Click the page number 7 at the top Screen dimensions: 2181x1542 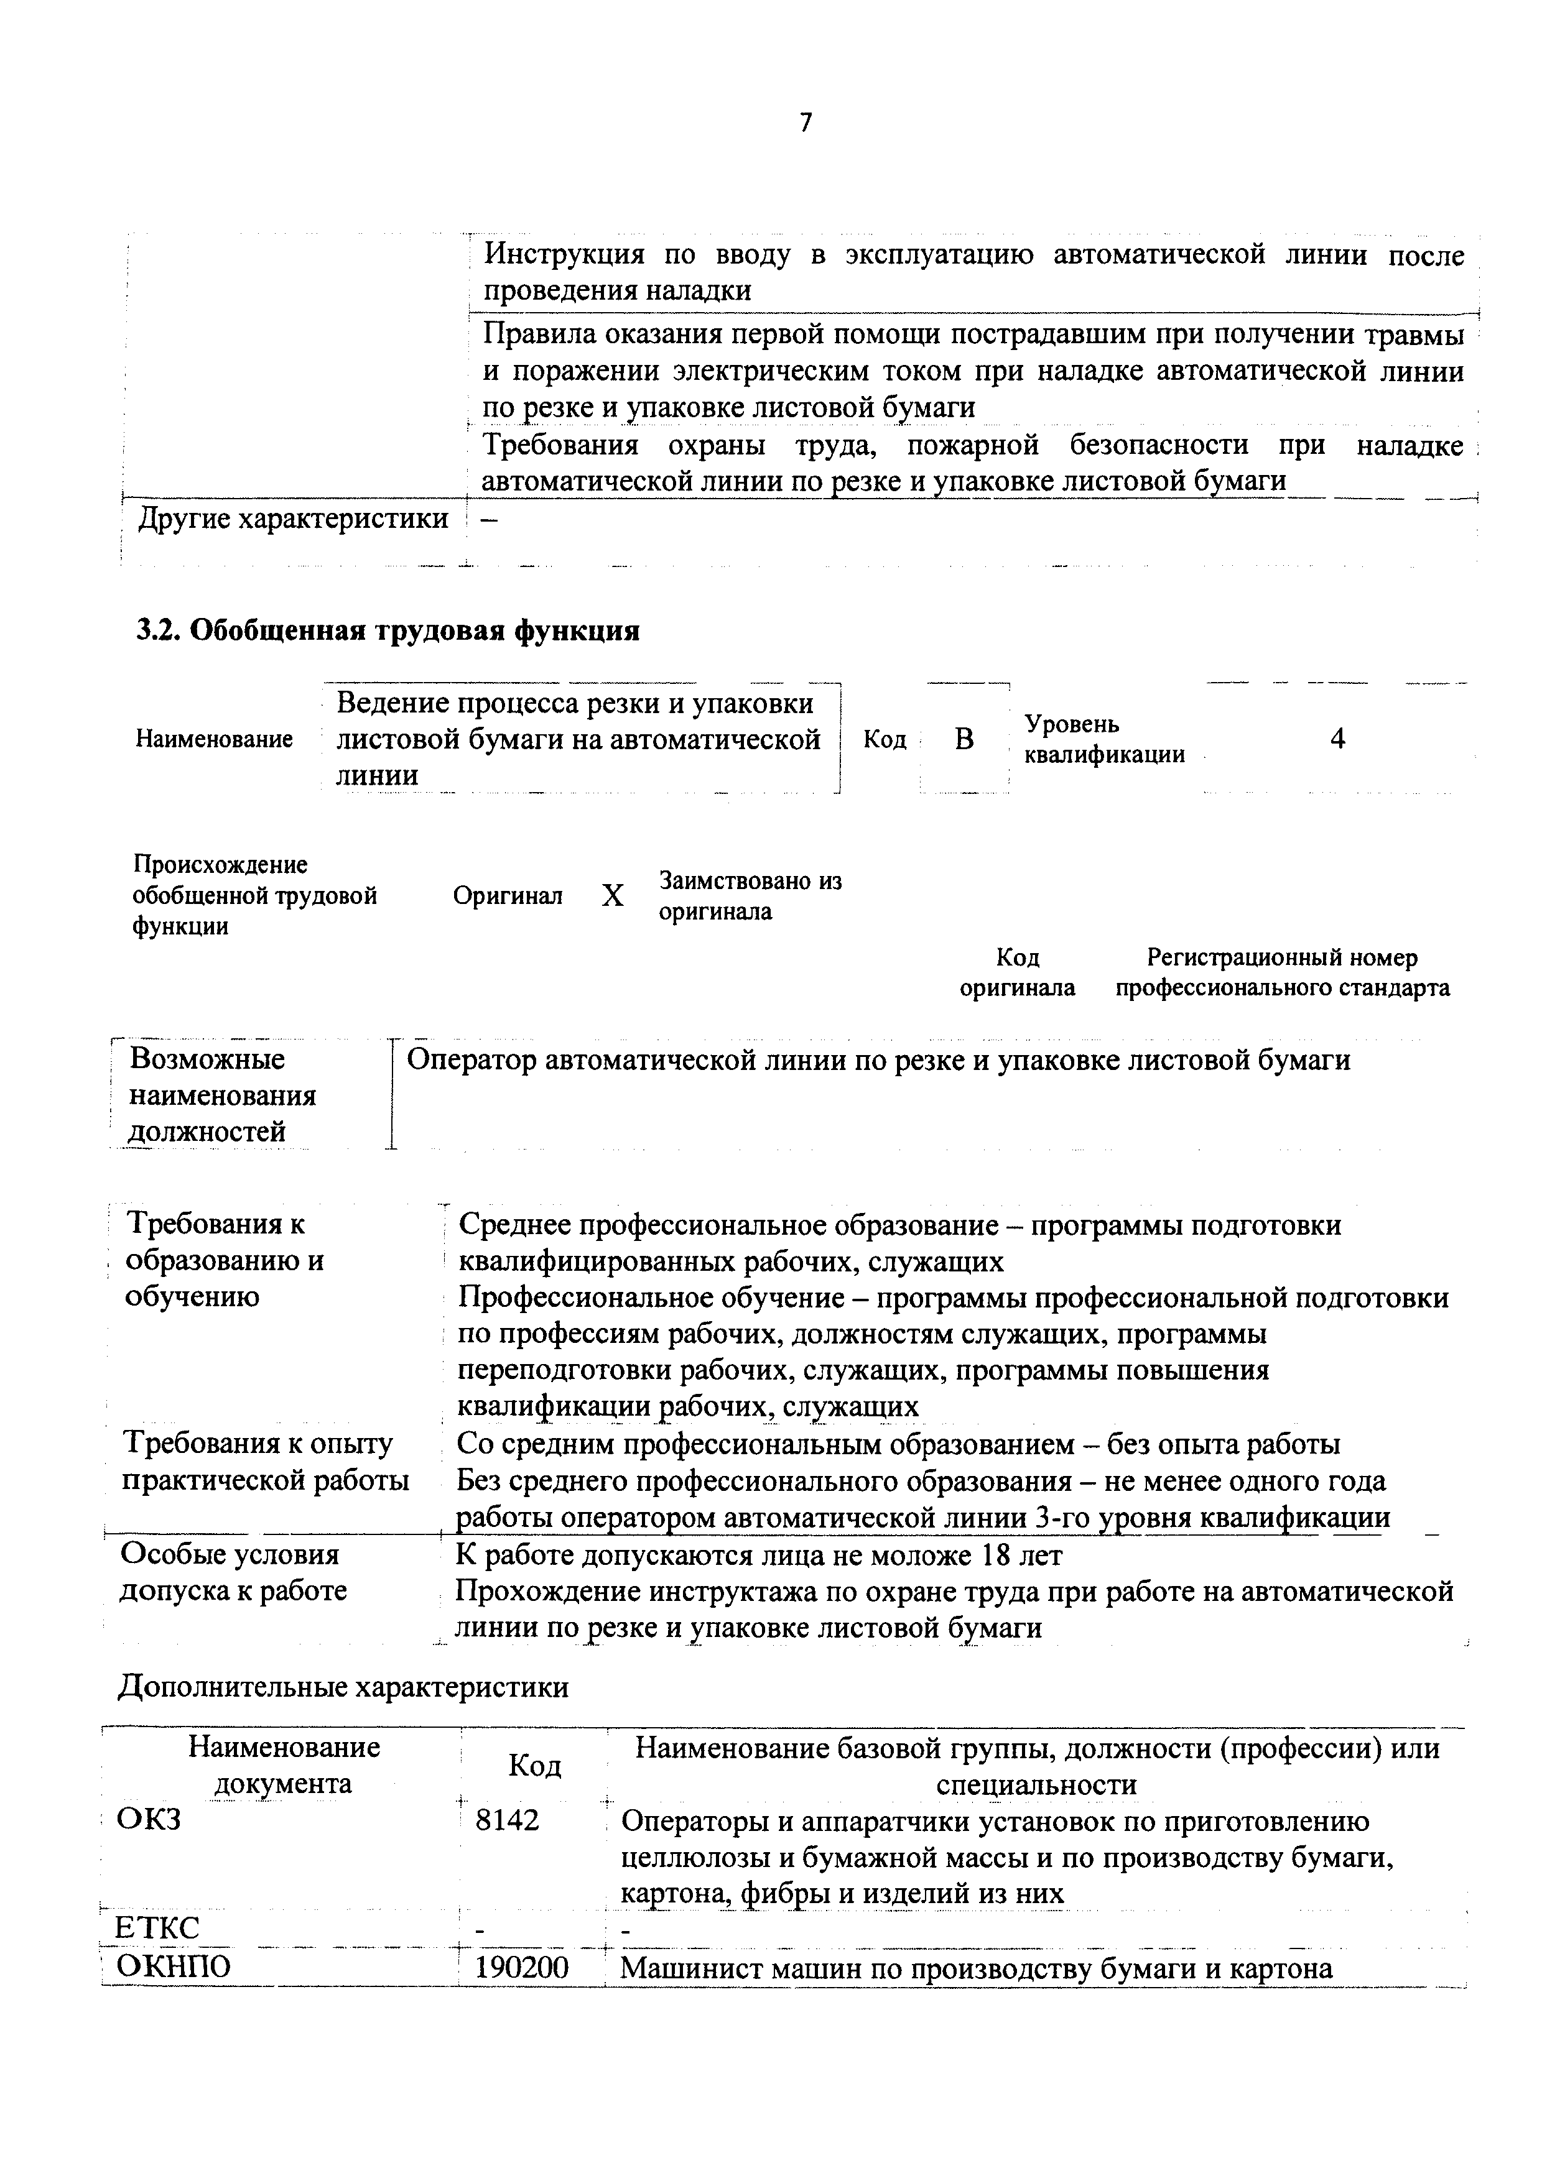[806, 122]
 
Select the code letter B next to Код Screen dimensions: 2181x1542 [964, 739]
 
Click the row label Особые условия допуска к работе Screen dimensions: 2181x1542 [232, 1572]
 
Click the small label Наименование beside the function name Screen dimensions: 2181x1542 [214, 739]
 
